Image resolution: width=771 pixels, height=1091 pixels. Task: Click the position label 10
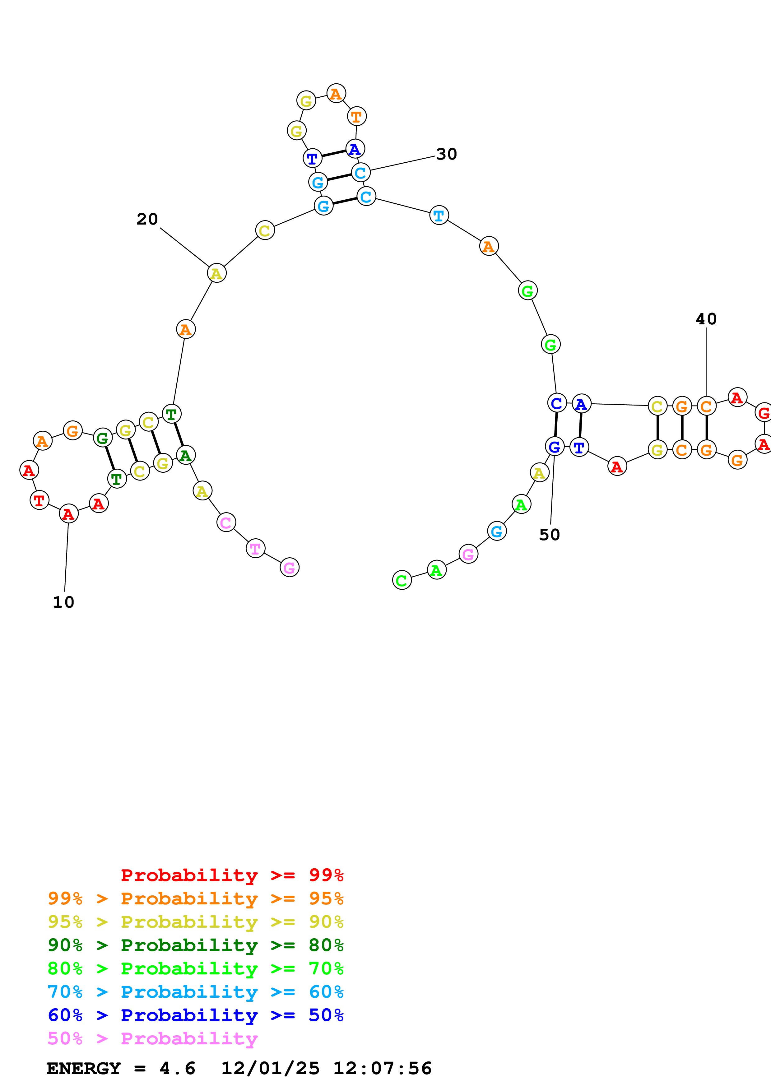pyautogui.click(x=63, y=602)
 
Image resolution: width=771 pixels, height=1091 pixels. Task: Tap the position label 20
pyautogui.click(x=147, y=219)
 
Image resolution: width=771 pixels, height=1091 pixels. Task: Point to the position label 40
pyautogui.click(x=706, y=319)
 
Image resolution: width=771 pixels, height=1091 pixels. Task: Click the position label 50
pyautogui.click(x=549, y=535)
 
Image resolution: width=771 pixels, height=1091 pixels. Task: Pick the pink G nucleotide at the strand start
pyautogui.click(x=289, y=567)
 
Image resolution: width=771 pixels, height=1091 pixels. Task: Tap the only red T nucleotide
pyautogui.click(x=39, y=500)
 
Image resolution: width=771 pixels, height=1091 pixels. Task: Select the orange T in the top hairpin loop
pyautogui.click(x=356, y=116)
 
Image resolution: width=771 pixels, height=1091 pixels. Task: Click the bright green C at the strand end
pyautogui.click(x=402, y=580)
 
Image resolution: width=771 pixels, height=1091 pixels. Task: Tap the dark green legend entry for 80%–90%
pyautogui.click(x=195, y=945)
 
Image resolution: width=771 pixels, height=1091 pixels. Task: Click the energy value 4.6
pyautogui.click(x=177, y=1069)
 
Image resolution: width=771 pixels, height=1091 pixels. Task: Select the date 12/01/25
pyautogui.click(x=270, y=1069)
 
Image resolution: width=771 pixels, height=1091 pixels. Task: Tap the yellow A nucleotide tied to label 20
pyautogui.click(x=217, y=273)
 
